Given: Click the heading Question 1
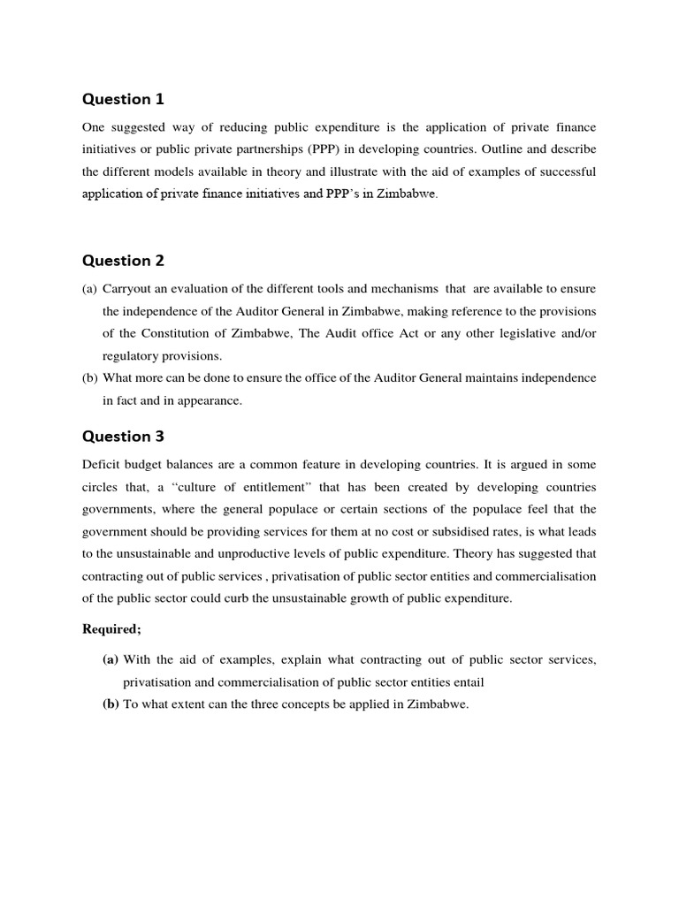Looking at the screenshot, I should pos(123,99).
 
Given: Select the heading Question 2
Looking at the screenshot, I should pos(123,261).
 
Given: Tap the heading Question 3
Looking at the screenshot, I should pos(123,437).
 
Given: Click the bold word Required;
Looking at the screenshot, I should pos(111,629).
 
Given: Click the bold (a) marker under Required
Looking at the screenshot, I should pos(111,659).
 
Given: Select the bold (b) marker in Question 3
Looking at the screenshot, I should pos(111,704).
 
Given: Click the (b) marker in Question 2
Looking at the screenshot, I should pos(90,378).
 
